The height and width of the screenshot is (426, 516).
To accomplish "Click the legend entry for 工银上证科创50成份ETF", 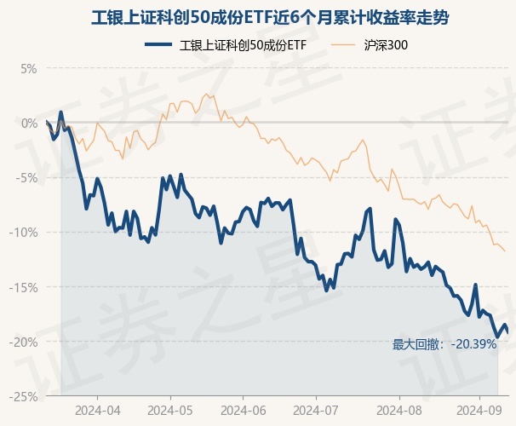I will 225,45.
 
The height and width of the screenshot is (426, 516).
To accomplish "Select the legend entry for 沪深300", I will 368,45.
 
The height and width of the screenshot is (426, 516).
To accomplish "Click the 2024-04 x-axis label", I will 97,410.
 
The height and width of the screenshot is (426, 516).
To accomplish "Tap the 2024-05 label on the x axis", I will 170,410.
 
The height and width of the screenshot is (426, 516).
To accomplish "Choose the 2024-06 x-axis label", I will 243,410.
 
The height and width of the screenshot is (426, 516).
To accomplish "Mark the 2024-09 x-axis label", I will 477,410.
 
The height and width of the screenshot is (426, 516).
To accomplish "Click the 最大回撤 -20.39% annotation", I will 444,344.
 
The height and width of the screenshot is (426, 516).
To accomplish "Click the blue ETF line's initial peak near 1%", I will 60,112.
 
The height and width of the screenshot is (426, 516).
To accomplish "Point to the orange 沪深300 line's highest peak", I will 205,94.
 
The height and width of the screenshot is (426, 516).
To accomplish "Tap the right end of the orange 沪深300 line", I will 505,250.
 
